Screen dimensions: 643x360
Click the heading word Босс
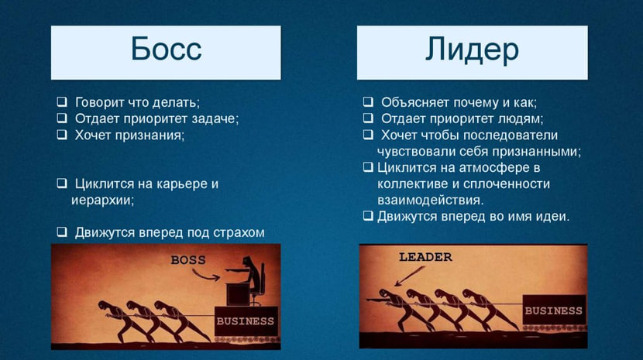(166, 50)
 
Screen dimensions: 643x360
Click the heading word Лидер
(472, 50)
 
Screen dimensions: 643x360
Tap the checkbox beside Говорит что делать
(62, 101)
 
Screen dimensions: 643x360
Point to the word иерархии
(102, 201)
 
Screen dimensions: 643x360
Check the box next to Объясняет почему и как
(368, 101)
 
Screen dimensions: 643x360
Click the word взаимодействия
(431, 201)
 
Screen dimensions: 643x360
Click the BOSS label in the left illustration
(188, 260)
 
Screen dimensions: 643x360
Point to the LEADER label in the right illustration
(425, 257)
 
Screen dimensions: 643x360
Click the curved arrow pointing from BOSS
(205, 276)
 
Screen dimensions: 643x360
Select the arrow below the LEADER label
(409, 276)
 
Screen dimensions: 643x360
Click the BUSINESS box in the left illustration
(246, 321)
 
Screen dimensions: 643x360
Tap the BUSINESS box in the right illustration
(554, 310)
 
